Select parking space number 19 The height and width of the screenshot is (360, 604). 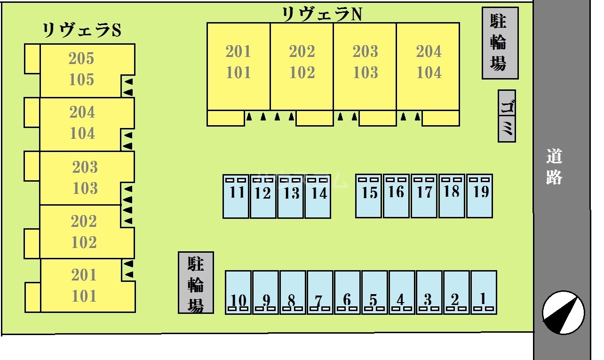pyautogui.click(x=479, y=196)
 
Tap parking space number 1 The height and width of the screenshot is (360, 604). pyautogui.click(x=484, y=292)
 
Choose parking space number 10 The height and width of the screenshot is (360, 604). pyautogui.click(x=238, y=292)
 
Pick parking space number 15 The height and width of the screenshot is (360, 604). pyautogui.click(x=368, y=196)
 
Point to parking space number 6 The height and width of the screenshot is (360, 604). pyautogui.click(x=347, y=292)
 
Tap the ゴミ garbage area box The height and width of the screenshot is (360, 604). pyautogui.click(x=507, y=116)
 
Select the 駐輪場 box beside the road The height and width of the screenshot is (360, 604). pyautogui.click(x=500, y=43)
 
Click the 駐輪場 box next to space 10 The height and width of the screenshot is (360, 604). pyautogui.click(x=196, y=282)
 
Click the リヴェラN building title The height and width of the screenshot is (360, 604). pyautogui.click(x=322, y=14)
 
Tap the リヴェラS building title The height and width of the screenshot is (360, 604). pyautogui.click(x=82, y=31)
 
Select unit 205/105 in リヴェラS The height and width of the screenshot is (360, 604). pyautogui.click(x=82, y=70)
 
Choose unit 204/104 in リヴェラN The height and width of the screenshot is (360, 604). pyautogui.click(x=428, y=62)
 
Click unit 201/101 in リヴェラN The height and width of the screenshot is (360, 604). pyautogui.click(x=238, y=62)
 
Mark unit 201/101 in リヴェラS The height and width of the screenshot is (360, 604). pyautogui.click(x=84, y=285)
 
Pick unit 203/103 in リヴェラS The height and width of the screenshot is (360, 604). pyautogui.click(x=85, y=178)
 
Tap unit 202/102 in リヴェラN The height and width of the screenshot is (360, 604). pyautogui.click(x=302, y=62)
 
